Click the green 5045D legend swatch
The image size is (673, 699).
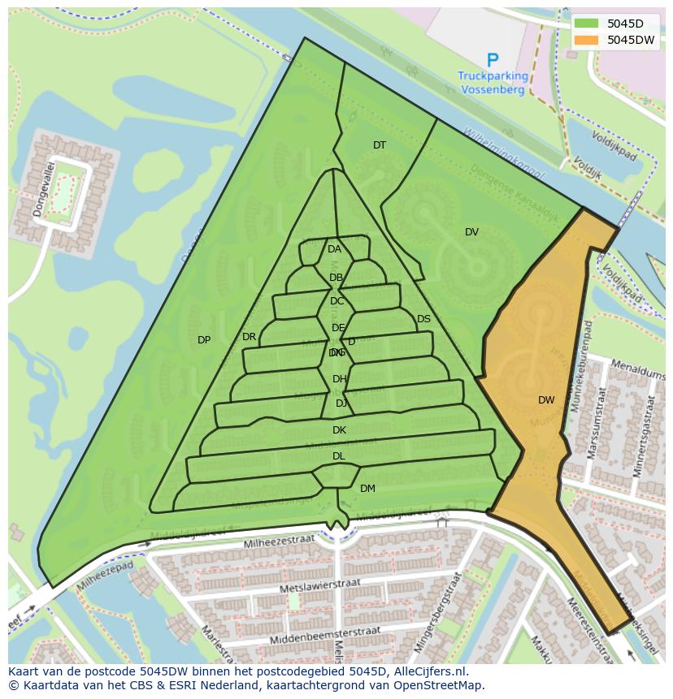tap(585, 24)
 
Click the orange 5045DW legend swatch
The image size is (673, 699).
tap(585, 40)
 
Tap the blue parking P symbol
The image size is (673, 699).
tap(492, 60)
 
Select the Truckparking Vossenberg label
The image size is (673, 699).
tap(493, 84)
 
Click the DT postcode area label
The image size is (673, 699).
tap(380, 145)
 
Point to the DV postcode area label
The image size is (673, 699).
tap(471, 232)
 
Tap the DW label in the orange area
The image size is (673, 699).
tap(546, 400)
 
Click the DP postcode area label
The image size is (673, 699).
tap(204, 340)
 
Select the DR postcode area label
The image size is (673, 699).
tap(249, 337)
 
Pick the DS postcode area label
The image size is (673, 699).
tap(423, 319)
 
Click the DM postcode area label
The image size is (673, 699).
tap(367, 489)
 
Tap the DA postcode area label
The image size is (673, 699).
tap(334, 249)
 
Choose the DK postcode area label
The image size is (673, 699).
tap(339, 430)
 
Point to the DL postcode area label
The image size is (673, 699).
tap(338, 456)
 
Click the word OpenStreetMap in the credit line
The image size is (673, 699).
tap(441, 685)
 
